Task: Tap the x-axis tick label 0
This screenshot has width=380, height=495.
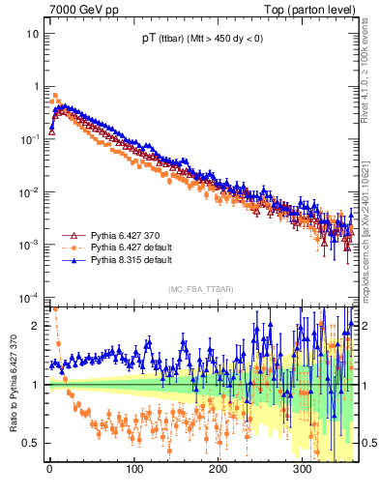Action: [x=49, y=469]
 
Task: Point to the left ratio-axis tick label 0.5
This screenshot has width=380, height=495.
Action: [x=31, y=443]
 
